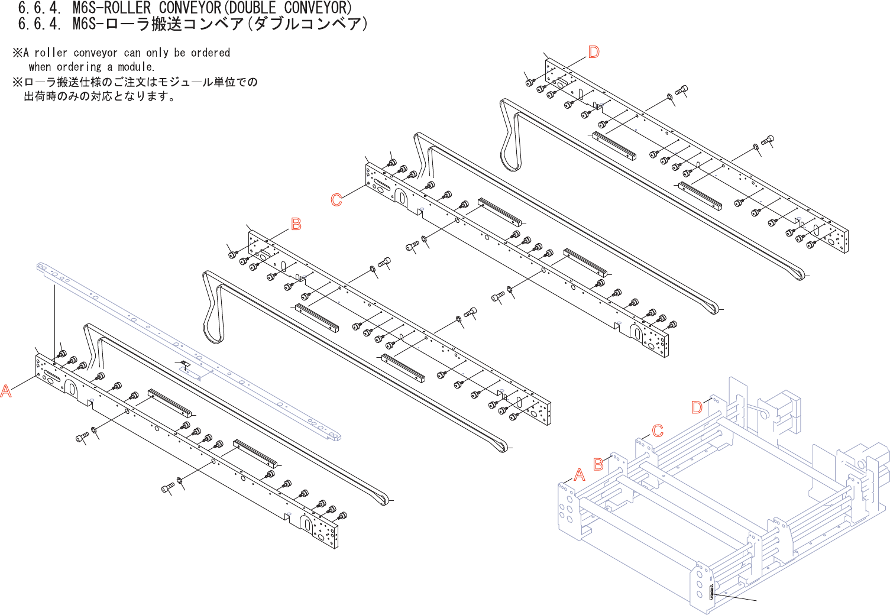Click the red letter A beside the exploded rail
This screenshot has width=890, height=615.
click(6, 391)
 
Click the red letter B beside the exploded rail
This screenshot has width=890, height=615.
click(296, 224)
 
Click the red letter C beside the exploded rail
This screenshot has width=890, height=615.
click(336, 200)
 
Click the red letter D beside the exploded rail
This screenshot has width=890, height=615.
click(594, 52)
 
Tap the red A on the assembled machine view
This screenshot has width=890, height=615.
click(580, 475)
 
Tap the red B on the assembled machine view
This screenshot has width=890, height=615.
click(598, 464)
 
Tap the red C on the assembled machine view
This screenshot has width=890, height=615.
click(658, 430)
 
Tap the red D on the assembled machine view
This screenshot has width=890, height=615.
click(697, 407)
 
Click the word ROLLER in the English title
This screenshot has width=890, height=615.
click(127, 8)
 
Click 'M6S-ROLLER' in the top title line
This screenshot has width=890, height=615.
click(112, 8)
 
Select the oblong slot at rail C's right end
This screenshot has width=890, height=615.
click(636, 333)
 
